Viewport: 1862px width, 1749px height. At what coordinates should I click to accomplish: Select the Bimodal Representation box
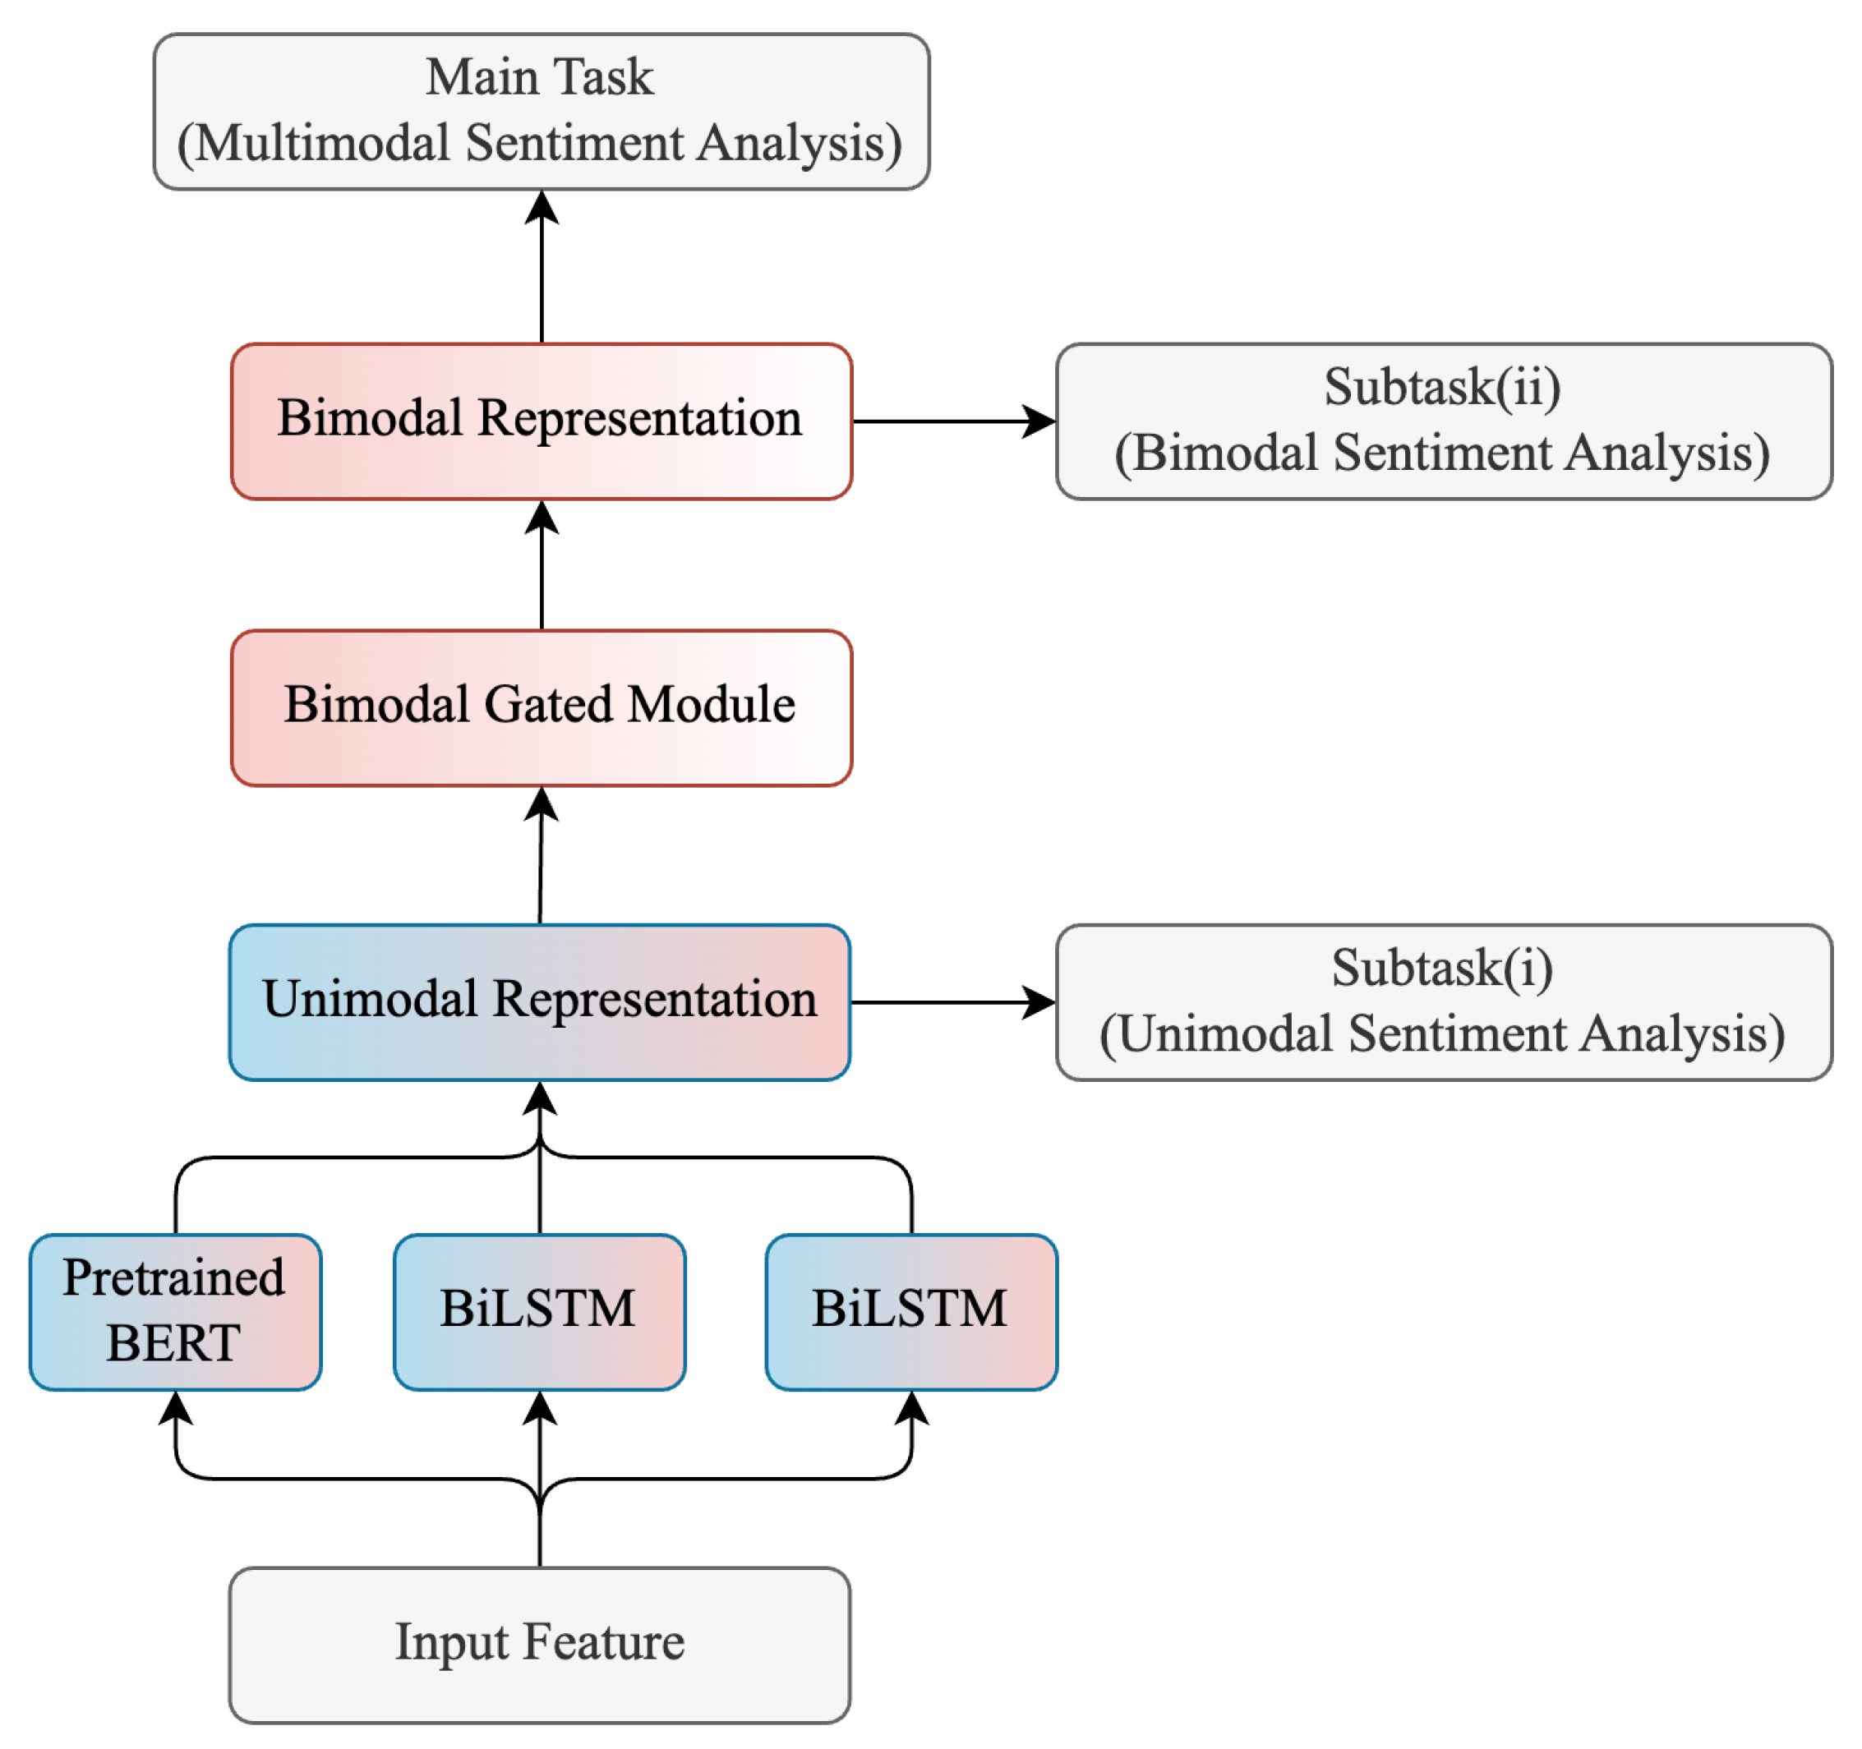[542, 421]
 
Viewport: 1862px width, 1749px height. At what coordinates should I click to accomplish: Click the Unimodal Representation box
[540, 1003]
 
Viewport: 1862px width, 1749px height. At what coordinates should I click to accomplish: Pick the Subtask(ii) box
[1443, 421]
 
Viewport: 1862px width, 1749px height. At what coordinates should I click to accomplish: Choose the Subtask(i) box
[1443, 1003]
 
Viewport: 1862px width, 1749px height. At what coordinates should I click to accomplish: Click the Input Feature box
[540, 1645]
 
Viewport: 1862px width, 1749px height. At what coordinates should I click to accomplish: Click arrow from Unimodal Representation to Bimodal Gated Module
[541, 856]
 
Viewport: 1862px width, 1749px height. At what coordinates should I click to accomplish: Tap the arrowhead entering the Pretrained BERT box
[175, 1408]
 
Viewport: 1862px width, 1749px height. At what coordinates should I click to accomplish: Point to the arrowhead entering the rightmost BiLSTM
[911, 1408]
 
